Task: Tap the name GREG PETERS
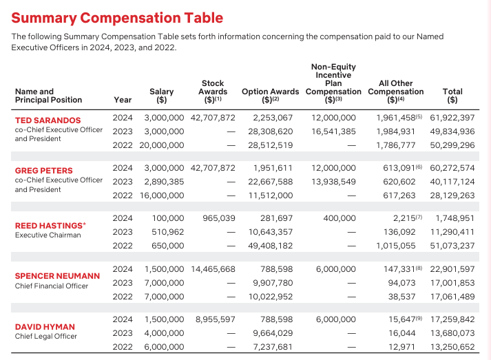pyautogui.click(x=43, y=171)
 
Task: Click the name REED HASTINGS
pyautogui.click(x=48, y=225)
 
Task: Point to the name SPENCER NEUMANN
pyautogui.click(x=57, y=276)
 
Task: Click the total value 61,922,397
pyautogui.click(x=452, y=118)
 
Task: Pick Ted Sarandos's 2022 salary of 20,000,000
pyautogui.click(x=163, y=145)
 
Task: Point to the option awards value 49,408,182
pyautogui.click(x=269, y=245)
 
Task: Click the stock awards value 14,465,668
pyautogui.click(x=212, y=268)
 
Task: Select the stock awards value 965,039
pyautogui.click(x=219, y=218)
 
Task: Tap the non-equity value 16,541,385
pyautogui.click(x=334, y=131)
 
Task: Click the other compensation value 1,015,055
pyautogui.click(x=396, y=245)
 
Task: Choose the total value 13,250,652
pyautogui.click(x=452, y=346)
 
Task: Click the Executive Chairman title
pyautogui.click(x=48, y=235)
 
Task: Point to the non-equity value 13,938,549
pyautogui.click(x=334, y=182)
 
